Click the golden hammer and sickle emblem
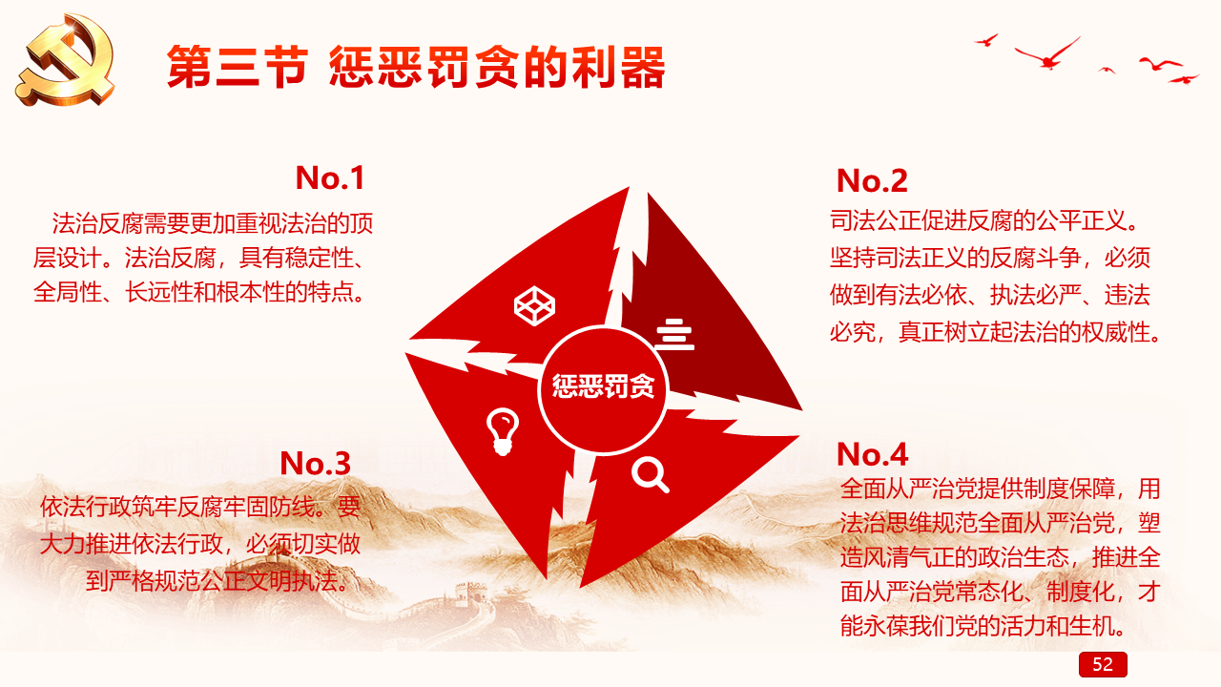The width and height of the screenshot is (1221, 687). coord(66,59)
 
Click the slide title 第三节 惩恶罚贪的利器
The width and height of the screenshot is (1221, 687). coord(416,67)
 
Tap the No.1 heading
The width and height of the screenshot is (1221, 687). coord(330,177)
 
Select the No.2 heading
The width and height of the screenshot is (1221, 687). coord(872,180)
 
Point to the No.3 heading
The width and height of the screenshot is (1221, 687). coord(315,463)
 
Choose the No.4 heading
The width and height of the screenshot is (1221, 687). coord(872,454)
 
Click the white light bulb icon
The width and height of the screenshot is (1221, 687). coord(502,431)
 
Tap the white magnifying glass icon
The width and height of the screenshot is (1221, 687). coord(651,475)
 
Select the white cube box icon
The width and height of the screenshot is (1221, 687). coord(535,306)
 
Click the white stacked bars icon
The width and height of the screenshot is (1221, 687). coord(674,334)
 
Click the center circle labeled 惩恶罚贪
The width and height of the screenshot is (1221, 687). coord(603,389)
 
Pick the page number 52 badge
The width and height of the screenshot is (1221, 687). coord(1103,664)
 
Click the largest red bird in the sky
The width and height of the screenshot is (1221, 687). coord(1047,54)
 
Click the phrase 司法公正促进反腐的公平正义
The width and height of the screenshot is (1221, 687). coord(978,220)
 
